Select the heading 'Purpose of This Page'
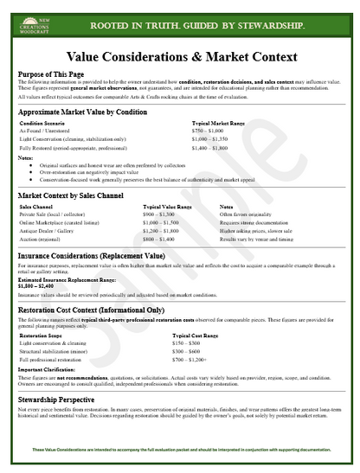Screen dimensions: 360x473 (52, 74)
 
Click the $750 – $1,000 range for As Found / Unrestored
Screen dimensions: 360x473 (209, 131)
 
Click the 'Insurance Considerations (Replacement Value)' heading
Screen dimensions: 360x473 (92, 257)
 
